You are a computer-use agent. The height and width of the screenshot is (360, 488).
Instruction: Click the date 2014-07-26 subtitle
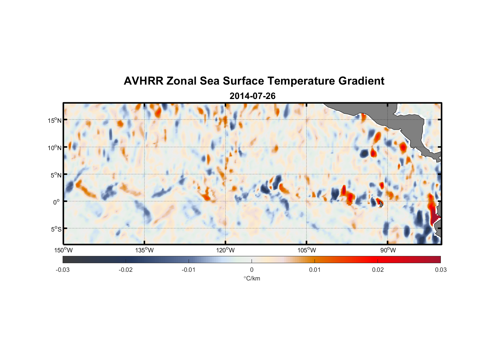pyautogui.click(x=252, y=96)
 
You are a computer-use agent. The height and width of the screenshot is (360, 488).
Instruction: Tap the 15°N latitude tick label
pyautogui.click(x=55, y=120)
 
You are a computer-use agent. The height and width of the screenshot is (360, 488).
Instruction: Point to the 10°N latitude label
pyautogui.click(x=55, y=148)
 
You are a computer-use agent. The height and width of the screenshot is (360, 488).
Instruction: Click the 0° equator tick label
pyautogui.click(x=57, y=202)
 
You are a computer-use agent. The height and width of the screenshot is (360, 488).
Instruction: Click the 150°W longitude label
pyautogui.click(x=64, y=250)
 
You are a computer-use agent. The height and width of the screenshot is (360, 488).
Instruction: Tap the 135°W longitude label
pyautogui.click(x=145, y=250)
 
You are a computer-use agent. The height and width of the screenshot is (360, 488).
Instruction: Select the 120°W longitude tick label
pyautogui.click(x=226, y=250)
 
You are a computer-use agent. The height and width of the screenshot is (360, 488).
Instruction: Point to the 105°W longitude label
pyautogui.click(x=307, y=250)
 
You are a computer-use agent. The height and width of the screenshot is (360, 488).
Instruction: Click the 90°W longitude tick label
pyautogui.click(x=388, y=250)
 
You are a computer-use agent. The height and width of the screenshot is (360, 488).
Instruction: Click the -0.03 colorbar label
pyautogui.click(x=63, y=270)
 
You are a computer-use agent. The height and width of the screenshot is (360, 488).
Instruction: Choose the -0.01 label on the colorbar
pyautogui.click(x=189, y=270)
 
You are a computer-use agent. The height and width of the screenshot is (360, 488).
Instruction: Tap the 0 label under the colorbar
pyautogui.click(x=252, y=270)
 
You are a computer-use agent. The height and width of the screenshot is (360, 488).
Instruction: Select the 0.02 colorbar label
pyautogui.click(x=378, y=270)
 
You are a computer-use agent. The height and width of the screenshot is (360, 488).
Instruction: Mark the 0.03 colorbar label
pyautogui.click(x=440, y=270)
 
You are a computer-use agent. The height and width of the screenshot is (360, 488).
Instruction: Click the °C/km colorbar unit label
pyautogui.click(x=252, y=278)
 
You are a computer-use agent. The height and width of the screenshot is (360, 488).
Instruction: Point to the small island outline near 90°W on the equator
pyautogui.click(x=381, y=204)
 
